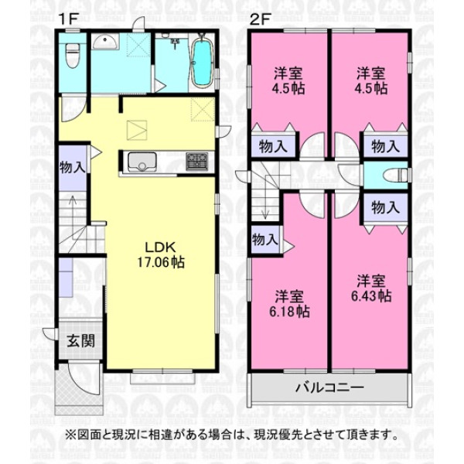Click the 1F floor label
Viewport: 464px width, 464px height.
point(68,20)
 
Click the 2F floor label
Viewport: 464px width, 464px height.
point(261,20)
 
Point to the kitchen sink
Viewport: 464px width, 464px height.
point(142,162)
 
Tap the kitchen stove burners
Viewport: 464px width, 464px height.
point(196,162)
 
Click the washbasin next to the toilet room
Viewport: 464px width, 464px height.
point(105,42)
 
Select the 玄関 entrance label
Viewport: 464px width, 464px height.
point(80,341)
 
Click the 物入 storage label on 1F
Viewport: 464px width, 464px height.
point(72,168)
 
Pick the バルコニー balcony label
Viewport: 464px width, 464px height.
point(329,387)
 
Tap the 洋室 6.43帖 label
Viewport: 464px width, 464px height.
point(371,288)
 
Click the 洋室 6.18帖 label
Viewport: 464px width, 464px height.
point(289,304)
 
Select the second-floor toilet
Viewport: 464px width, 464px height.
point(395,176)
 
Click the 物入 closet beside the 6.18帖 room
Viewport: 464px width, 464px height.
point(264,240)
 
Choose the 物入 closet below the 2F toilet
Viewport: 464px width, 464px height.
point(385,207)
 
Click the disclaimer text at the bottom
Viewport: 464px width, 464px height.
point(232,435)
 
